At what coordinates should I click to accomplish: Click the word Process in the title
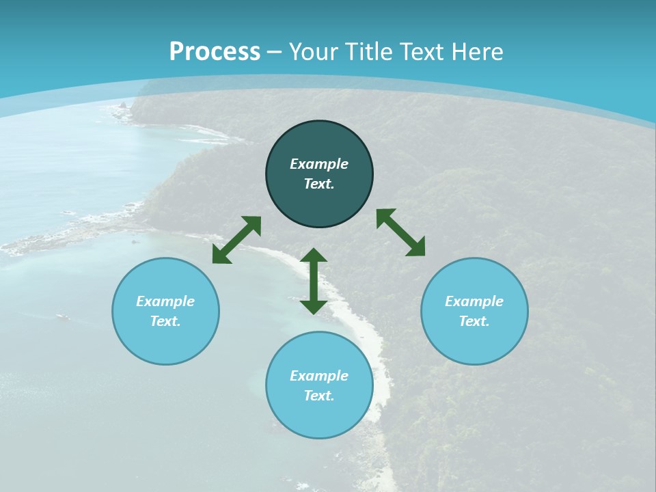coord(215,52)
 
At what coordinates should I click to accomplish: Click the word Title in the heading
coord(370,52)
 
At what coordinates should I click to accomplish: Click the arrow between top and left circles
coord(236,240)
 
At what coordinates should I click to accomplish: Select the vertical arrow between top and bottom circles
coord(314,281)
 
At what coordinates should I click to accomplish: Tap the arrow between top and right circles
coord(400,232)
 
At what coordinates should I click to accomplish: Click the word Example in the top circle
coord(319,164)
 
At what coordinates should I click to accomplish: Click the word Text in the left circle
coord(165,321)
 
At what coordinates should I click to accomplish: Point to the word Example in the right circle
coord(474,301)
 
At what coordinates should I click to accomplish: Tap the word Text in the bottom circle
coord(319,396)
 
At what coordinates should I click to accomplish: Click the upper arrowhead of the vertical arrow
coord(314,256)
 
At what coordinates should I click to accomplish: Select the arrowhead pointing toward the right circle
coord(416,248)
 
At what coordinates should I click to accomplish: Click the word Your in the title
coord(314,52)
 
